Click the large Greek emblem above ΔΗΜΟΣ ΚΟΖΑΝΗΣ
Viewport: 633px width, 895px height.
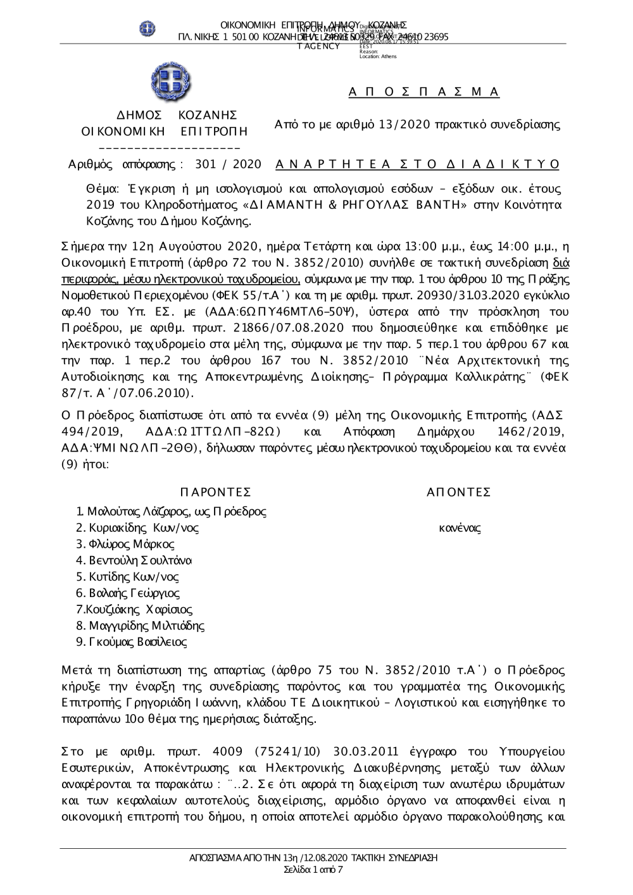click(x=171, y=82)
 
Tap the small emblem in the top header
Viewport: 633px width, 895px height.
click(x=148, y=28)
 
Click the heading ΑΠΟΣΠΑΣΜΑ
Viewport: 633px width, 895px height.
click(x=424, y=92)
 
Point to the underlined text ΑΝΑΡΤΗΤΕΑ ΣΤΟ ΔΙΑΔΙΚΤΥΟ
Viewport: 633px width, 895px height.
click(x=418, y=165)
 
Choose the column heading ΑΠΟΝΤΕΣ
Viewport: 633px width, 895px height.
click(x=459, y=492)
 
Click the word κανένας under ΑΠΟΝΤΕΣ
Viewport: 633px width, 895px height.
click(x=460, y=528)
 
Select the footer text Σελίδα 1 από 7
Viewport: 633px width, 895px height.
click(x=314, y=870)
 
